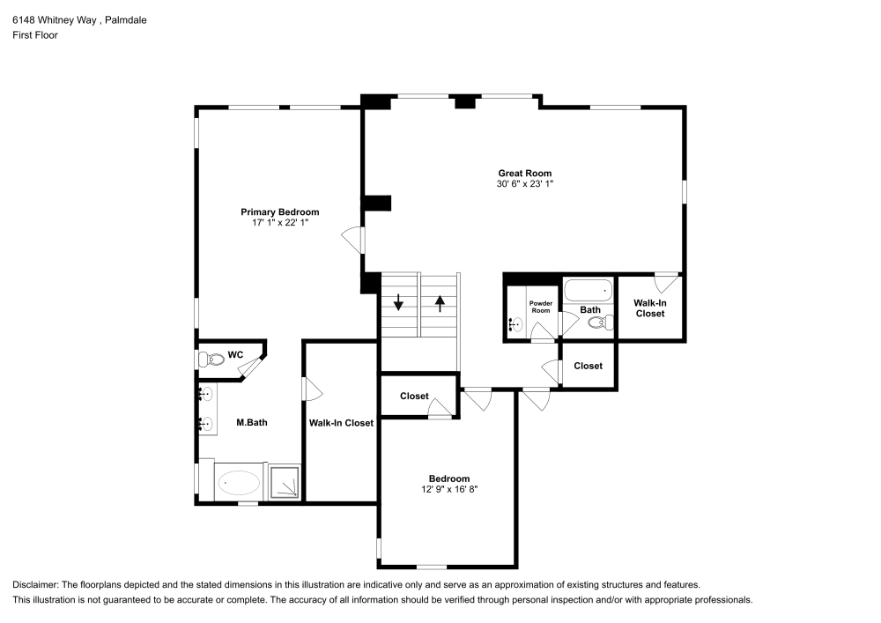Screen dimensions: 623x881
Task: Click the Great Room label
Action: (524, 174)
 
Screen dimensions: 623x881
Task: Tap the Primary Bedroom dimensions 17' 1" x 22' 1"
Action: (280, 223)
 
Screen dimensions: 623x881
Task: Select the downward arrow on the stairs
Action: (399, 304)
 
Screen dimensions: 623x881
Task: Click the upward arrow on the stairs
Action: (440, 304)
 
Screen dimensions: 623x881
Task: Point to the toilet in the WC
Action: (211, 359)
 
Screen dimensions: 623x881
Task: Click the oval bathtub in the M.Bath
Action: (239, 483)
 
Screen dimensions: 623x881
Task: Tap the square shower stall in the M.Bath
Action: (285, 483)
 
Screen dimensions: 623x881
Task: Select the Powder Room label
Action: (540, 307)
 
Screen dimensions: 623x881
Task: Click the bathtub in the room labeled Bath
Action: (588, 290)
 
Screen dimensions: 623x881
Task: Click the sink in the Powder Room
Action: (515, 324)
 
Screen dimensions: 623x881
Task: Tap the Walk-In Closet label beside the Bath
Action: (649, 308)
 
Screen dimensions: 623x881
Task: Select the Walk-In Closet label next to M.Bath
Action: (341, 423)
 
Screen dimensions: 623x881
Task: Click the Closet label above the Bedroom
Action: (414, 396)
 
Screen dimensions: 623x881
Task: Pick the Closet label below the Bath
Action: (588, 366)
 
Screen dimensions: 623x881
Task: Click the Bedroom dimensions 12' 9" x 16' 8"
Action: (449, 489)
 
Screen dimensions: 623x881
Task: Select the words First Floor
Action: (35, 35)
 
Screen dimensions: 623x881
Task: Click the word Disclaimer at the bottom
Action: (36, 585)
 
